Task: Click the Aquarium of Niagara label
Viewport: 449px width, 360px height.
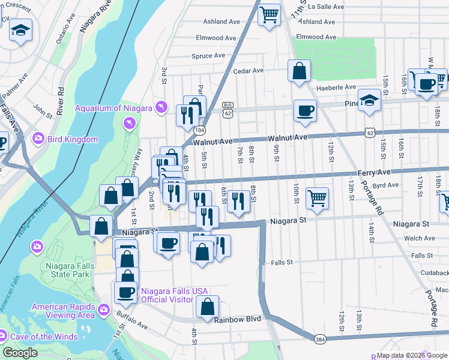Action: [113, 108]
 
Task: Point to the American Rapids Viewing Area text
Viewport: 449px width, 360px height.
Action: [63, 311]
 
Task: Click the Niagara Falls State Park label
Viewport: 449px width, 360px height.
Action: [68, 270]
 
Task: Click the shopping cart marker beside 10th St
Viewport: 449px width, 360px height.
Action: [317, 197]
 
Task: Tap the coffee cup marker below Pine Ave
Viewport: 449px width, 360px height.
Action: [305, 110]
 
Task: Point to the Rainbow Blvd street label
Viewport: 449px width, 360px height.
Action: [238, 319]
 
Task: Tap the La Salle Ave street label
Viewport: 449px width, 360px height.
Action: [325, 7]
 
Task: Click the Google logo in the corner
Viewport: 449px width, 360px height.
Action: [20, 353]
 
